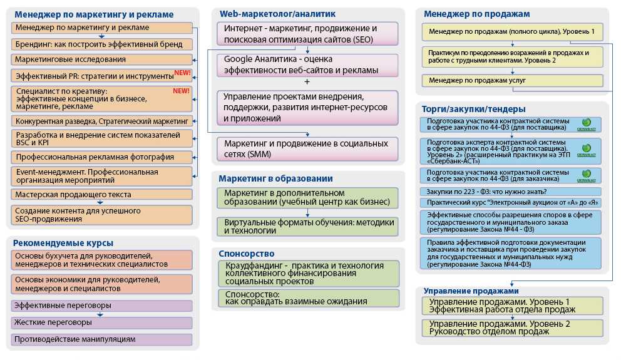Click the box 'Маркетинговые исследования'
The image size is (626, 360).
coord(101,59)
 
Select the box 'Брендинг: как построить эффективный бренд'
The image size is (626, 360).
coord(101,44)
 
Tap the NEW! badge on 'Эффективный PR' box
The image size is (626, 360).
coord(182,73)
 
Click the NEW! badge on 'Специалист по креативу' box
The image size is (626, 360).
coord(181,91)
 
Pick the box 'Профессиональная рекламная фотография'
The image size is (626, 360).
coord(101,157)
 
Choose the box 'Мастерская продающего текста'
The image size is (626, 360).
coord(101,195)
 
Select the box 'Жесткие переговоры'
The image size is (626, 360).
coord(101,322)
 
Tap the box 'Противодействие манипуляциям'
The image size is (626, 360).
coord(101,339)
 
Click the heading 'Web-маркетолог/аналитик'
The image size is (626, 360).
coord(277,13)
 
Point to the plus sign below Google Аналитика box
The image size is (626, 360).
coord(307,82)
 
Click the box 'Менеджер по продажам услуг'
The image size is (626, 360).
coord(512,80)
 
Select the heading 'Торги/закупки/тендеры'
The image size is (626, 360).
coord(475,109)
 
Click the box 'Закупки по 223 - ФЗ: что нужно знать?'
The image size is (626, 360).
coord(512,192)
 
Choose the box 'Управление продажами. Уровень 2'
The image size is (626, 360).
coord(512,327)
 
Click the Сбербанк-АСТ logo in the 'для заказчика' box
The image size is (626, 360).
coord(586,174)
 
